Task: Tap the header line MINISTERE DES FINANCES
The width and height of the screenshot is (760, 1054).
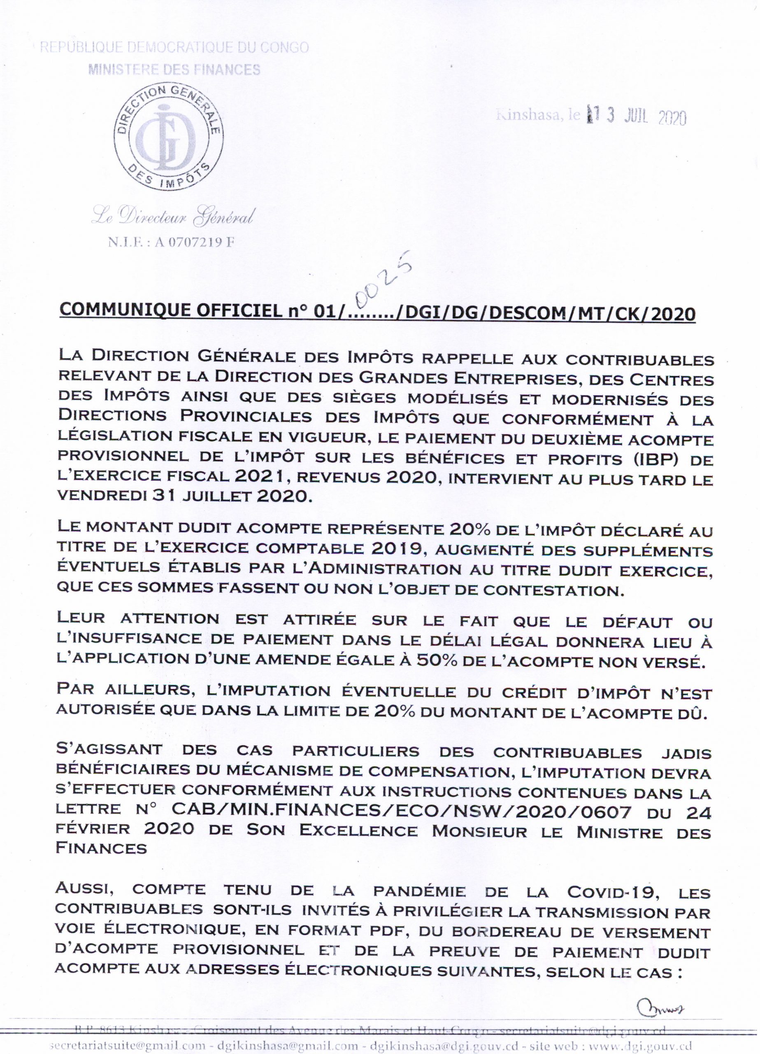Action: tap(174, 70)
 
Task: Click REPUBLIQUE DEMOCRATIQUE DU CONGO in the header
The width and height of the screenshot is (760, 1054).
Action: tap(174, 47)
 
